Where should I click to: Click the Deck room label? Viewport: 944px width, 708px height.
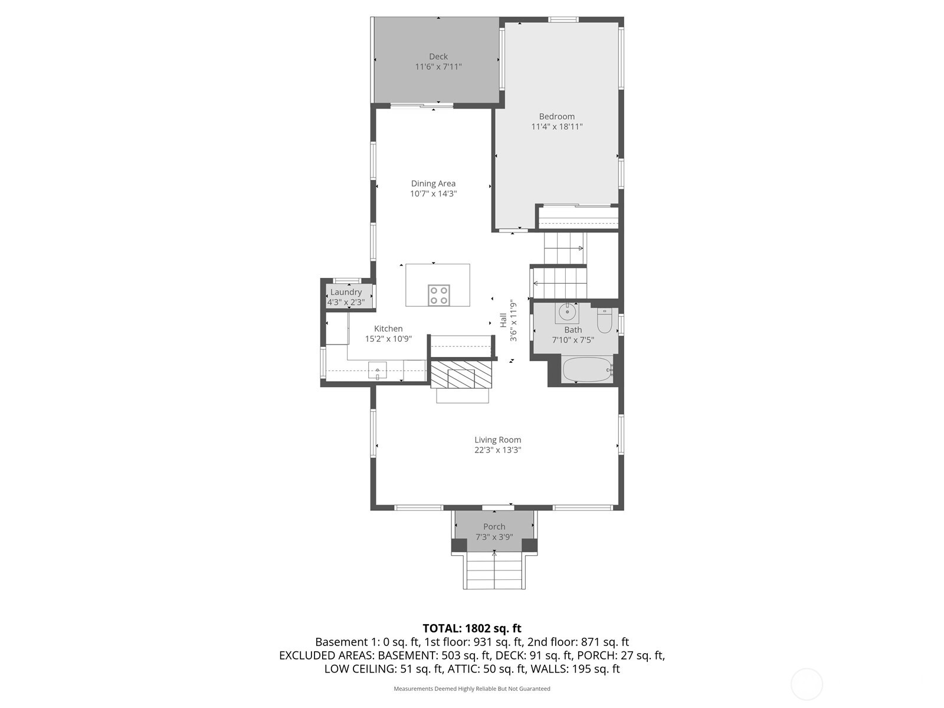[438, 57]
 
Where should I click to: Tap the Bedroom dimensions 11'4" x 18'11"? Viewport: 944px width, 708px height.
[556, 127]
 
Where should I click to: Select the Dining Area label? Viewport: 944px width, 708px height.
[433, 183]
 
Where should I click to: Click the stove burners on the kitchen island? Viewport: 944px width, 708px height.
[438, 295]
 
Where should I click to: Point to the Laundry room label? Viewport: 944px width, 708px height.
[346, 292]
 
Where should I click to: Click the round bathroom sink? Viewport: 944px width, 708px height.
[567, 312]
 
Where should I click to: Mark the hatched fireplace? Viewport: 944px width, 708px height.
[460, 375]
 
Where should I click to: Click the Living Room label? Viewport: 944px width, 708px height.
[497, 440]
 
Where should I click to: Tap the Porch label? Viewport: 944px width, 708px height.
[494, 527]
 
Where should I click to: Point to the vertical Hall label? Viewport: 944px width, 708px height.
[503, 320]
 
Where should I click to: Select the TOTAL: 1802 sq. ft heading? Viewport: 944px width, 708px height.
[472, 628]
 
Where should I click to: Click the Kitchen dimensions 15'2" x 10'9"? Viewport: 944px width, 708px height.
[388, 339]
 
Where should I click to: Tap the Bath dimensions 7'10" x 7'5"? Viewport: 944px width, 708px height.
[573, 340]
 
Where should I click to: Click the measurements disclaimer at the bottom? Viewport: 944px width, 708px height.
[472, 689]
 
